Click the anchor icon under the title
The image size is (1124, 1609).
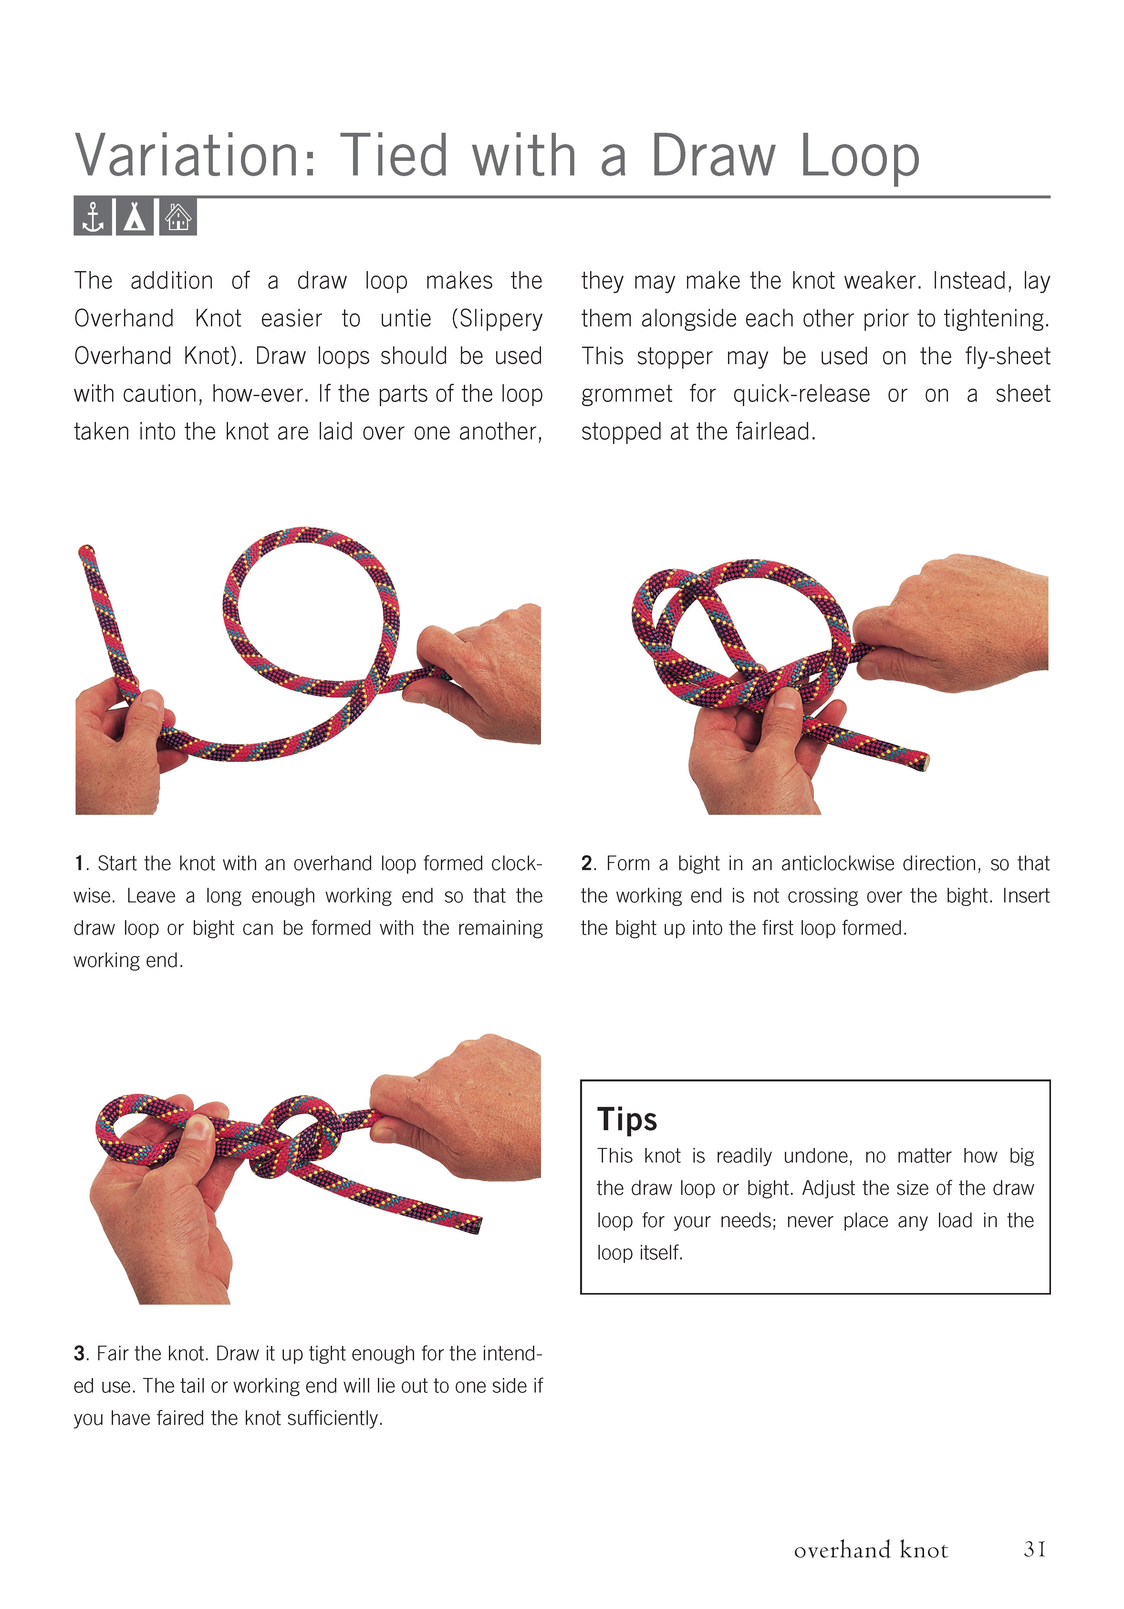[92, 217]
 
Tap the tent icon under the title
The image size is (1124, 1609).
[135, 217]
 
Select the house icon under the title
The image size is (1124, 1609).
[178, 217]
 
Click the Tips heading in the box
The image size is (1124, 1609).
[627, 1119]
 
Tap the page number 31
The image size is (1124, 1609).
[1034, 1549]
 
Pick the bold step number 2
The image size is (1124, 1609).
[587, 863]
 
